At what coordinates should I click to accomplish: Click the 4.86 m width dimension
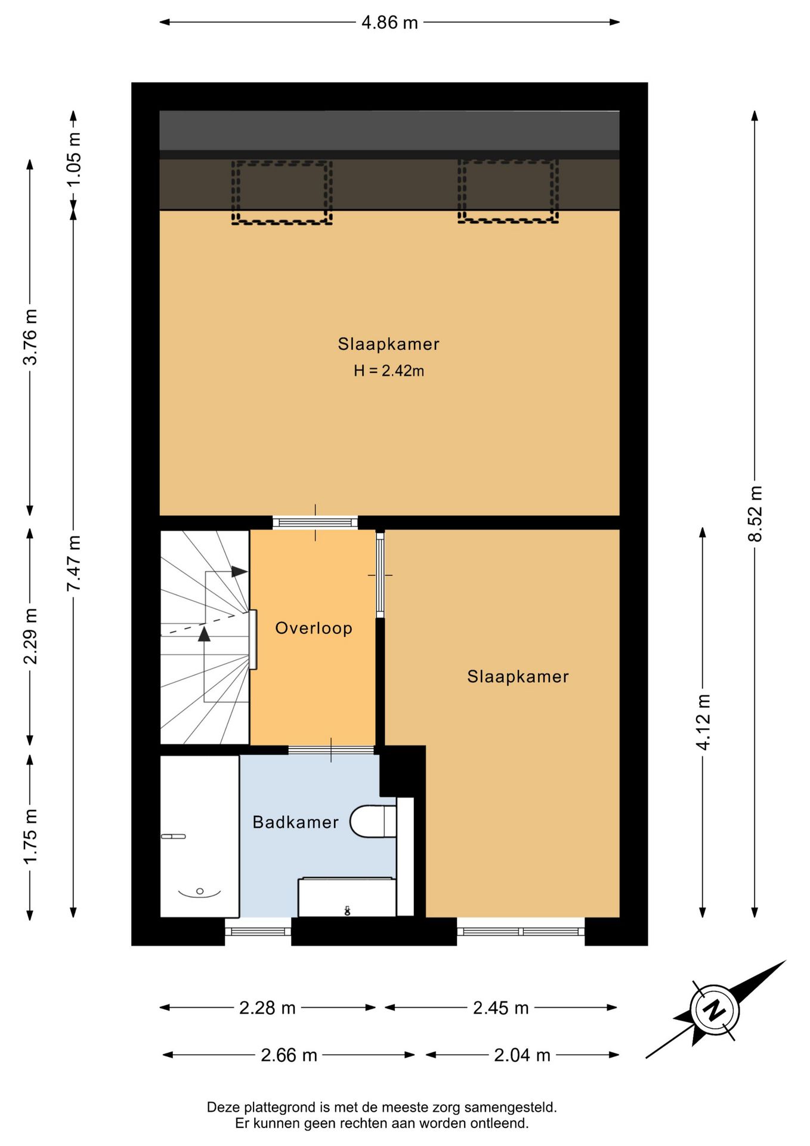pos(389,23)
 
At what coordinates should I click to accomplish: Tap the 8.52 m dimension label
pos(755,514)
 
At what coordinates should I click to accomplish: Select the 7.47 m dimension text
pos(73,563)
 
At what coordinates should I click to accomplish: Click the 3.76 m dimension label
pos(30,337)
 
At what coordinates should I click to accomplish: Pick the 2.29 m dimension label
pos(30,636)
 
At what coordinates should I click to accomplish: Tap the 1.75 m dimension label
pos(30,836)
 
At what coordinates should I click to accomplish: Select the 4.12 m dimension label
pos(703,722)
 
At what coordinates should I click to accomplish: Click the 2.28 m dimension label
pos(267,1008)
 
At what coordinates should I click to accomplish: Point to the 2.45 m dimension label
pos(501,1008)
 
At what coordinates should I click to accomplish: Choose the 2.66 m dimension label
pos(289,1055)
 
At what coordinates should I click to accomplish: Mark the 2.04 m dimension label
pos(522,1055)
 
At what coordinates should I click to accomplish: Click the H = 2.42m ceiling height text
pos(389,371)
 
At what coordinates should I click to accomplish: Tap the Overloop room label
pos(314,628)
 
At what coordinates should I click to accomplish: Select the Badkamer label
pos(296,822)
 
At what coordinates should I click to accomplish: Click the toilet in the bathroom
pos(373,821)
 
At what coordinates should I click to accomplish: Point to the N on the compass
pos(715,1010)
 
